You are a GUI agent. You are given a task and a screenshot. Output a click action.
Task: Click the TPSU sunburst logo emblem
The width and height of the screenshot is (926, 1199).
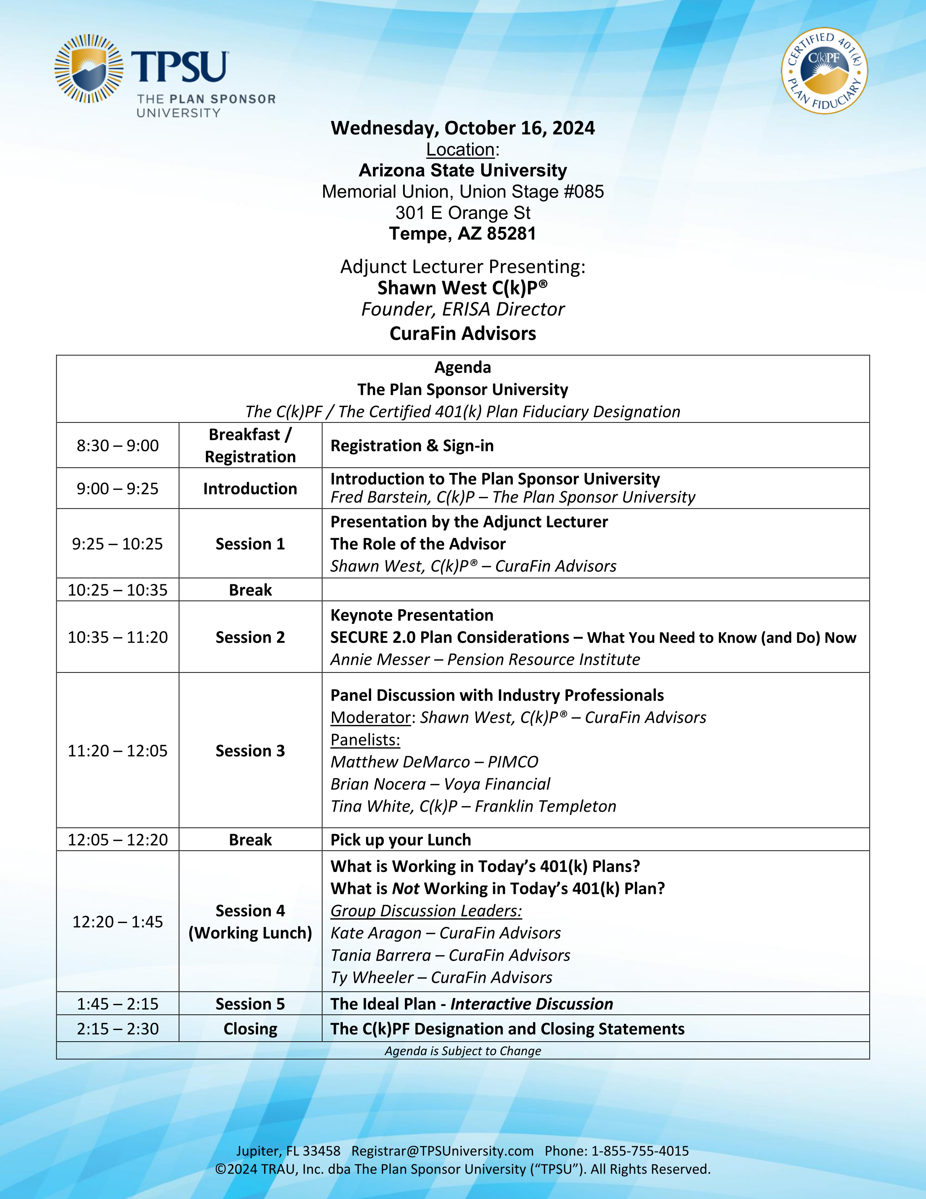[x=88, y=69]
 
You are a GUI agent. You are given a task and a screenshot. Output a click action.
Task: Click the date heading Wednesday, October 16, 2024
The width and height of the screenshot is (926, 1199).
[x=462, y=128]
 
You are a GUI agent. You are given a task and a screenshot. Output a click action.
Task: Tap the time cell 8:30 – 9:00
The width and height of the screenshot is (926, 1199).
[x=117, y=445]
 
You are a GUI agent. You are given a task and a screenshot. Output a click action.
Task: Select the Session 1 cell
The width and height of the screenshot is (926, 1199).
[x=250, y=544]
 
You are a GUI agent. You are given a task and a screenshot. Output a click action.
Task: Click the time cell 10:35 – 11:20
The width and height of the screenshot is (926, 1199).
[x=117, y=637]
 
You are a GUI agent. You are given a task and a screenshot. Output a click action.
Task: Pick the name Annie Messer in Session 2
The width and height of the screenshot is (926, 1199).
[x=379, y=659]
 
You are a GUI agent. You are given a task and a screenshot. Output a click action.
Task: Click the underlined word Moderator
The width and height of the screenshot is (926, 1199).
[x=371, y=718]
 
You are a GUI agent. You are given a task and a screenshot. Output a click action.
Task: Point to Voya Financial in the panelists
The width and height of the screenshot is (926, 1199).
[x=497, y=784]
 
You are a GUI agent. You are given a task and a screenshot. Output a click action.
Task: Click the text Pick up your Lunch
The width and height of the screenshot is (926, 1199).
[x=401, y=840]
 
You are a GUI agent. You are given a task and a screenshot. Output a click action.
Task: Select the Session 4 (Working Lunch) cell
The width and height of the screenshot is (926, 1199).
[x=250, y=922]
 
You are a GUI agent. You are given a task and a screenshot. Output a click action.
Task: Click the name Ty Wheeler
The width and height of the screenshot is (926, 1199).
[x=372, y=977]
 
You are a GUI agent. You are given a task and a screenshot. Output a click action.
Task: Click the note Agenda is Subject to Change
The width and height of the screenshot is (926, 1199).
[x=462, y=1051]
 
